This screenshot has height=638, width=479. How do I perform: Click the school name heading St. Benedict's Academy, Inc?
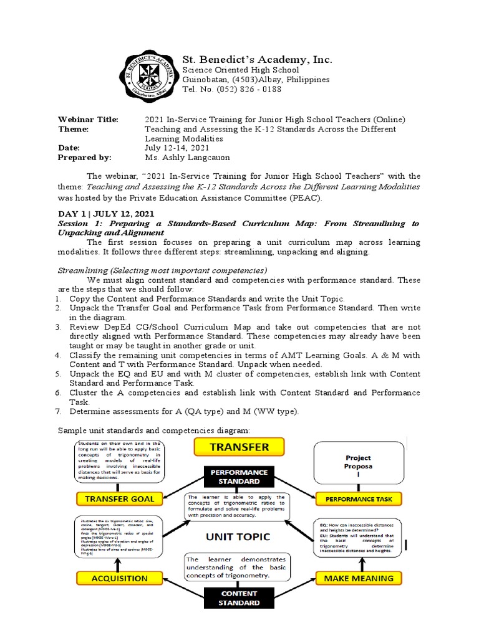[257, 60]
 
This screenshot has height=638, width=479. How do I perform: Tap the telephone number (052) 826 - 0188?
[231, 89]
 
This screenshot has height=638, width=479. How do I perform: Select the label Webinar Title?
[88, 119]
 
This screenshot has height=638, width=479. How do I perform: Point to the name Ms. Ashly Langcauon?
[187, 158]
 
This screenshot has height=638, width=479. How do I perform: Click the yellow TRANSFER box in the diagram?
[239, 447]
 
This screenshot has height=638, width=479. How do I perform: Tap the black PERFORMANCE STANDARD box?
[239, 477]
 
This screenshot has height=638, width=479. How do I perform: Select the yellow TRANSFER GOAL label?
[119, 498]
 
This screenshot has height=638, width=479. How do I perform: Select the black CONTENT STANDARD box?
[239, 598]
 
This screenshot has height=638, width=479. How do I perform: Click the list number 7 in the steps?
[57, 412]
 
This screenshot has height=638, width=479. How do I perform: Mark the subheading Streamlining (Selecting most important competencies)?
[162, 270]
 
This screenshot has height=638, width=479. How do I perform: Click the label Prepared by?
[84, 158]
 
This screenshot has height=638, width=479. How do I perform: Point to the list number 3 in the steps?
[57, 326]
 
